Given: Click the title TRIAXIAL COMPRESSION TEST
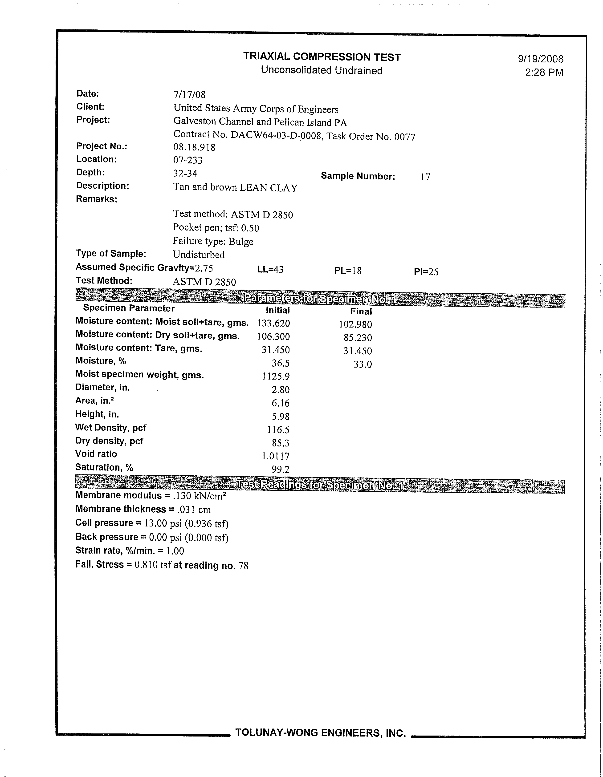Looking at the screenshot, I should click(322, 57).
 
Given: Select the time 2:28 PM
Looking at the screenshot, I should click(544, 73).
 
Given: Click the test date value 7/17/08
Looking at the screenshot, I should click(189, 95).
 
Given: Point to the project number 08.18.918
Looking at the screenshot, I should click(194, 147).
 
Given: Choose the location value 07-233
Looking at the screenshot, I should click(188, 160).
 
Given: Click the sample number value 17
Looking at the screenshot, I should click(425, 177).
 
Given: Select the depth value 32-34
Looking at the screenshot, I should click(185, 173).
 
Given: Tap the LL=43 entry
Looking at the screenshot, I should click(270, 270).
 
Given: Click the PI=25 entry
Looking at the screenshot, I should click(426, 272).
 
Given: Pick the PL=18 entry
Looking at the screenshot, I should click(348, 271).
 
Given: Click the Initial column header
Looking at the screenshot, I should click(278, 310).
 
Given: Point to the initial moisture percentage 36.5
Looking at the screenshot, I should click(281, 363).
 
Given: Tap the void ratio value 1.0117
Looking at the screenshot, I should click(276, 456).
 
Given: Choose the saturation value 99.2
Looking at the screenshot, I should click(281, 469).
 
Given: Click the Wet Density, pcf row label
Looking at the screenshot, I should click(111, 428).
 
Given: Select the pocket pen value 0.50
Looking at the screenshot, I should click(250, 228).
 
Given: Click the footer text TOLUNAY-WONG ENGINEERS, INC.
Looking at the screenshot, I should click(320, 733).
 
